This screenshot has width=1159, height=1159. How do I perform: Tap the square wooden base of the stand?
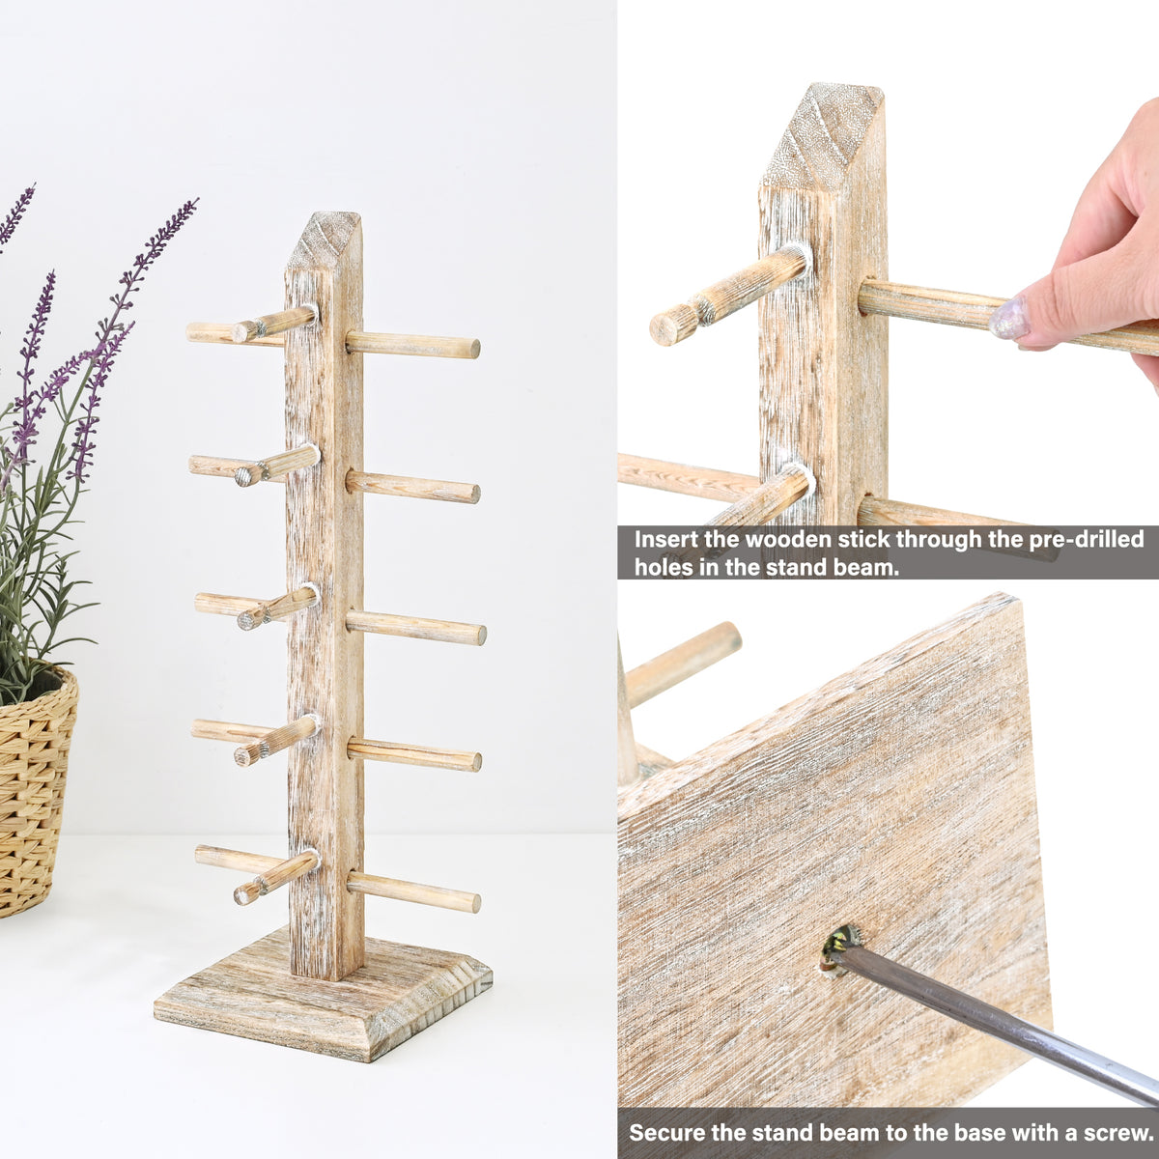coord(323,1000)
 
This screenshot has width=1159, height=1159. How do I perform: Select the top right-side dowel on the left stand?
coord(412,344)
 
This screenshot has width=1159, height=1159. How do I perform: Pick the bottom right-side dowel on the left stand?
coord(413,891)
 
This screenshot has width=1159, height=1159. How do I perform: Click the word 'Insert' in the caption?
coord(666,540)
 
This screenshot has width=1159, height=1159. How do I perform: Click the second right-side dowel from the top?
coord(412,486)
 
